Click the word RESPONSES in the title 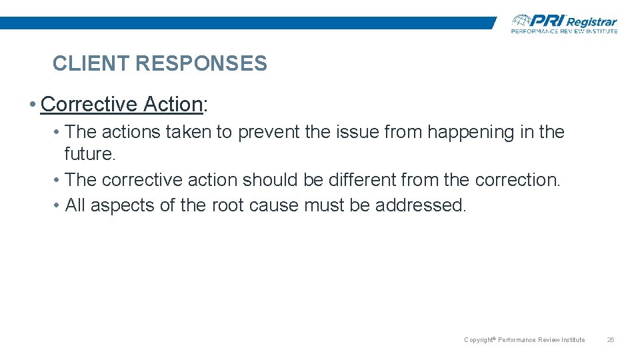point(201,64)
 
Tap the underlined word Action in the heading point(173,105)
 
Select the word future point(90,154)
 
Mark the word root point(228,205)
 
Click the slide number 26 point(610,340)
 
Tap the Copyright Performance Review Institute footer point(524,340)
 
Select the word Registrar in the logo point(592,22)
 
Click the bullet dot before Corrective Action point(32,105)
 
